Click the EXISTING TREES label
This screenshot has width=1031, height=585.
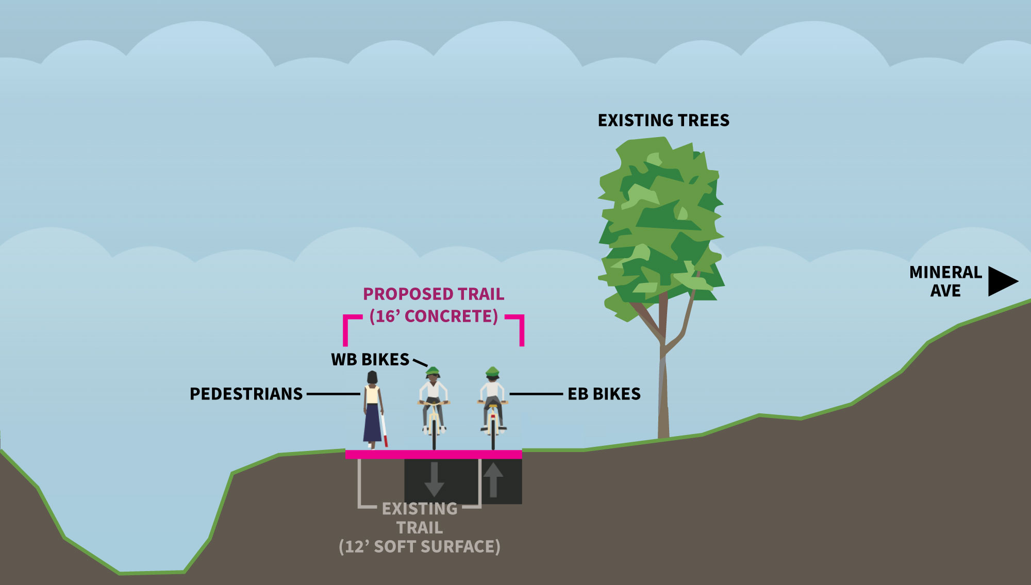click(663, 121)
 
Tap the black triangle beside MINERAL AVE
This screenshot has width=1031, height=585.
click(1001, 281)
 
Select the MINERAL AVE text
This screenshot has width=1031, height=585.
click(945, 281)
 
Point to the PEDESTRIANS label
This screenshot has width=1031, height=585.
click(246, 394)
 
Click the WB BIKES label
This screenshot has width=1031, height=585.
click(370, 360)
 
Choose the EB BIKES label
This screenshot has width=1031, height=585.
click(604, 394)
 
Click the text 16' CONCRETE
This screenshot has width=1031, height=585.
click(434, 316)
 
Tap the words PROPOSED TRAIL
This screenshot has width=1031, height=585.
click(434, 294)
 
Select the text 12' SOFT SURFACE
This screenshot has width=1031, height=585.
click(420, 547)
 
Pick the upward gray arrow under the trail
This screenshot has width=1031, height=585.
click(493, 479)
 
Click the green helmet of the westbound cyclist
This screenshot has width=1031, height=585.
click(433, 371)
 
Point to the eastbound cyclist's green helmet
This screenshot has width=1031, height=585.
click(492, 371)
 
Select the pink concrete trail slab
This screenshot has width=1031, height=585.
click(434, 454)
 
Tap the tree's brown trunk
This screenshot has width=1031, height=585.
click(663, 392)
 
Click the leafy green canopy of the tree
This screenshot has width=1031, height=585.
click(661, 222)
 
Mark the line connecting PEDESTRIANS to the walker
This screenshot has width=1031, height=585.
click(333, 394)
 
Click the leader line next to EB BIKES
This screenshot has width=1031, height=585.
click(536, 394)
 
